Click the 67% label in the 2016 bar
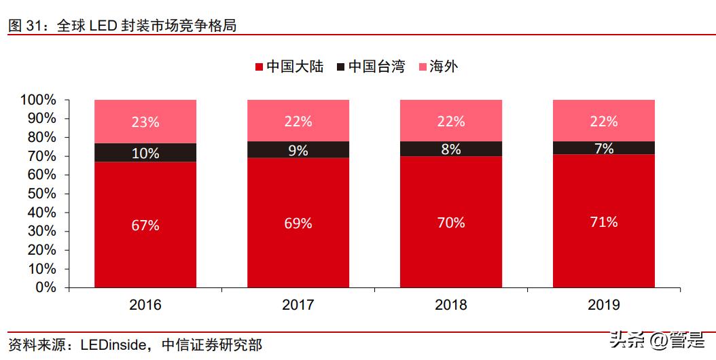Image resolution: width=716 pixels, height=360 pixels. pyautogui.click(x=145, y=226)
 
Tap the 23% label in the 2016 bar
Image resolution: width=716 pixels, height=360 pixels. pyautogui.click(x=145, y=122)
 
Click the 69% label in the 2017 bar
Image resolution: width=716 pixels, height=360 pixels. pyautogui.click(x=298, y=223)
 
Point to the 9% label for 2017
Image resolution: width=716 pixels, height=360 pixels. pyautogui.click(x=298, y=151)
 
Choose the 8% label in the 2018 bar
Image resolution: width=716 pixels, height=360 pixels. pyautogui.click(x=450, y=149)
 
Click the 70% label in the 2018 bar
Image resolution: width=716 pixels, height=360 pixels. pyautogui.click(x=450, y=222)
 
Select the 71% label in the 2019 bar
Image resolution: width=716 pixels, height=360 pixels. pyautogui.click(x=603, y=221)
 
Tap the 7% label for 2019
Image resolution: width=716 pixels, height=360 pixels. pyautogui.click(x=603, y=148)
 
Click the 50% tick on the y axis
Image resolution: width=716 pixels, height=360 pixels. pyautogui.click(x=42, y=194)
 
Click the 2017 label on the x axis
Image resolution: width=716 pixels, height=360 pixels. pyautogui.click(x=298, y=305)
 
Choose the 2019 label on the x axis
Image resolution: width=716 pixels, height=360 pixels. pyautogui.click(x=603, y=305)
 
